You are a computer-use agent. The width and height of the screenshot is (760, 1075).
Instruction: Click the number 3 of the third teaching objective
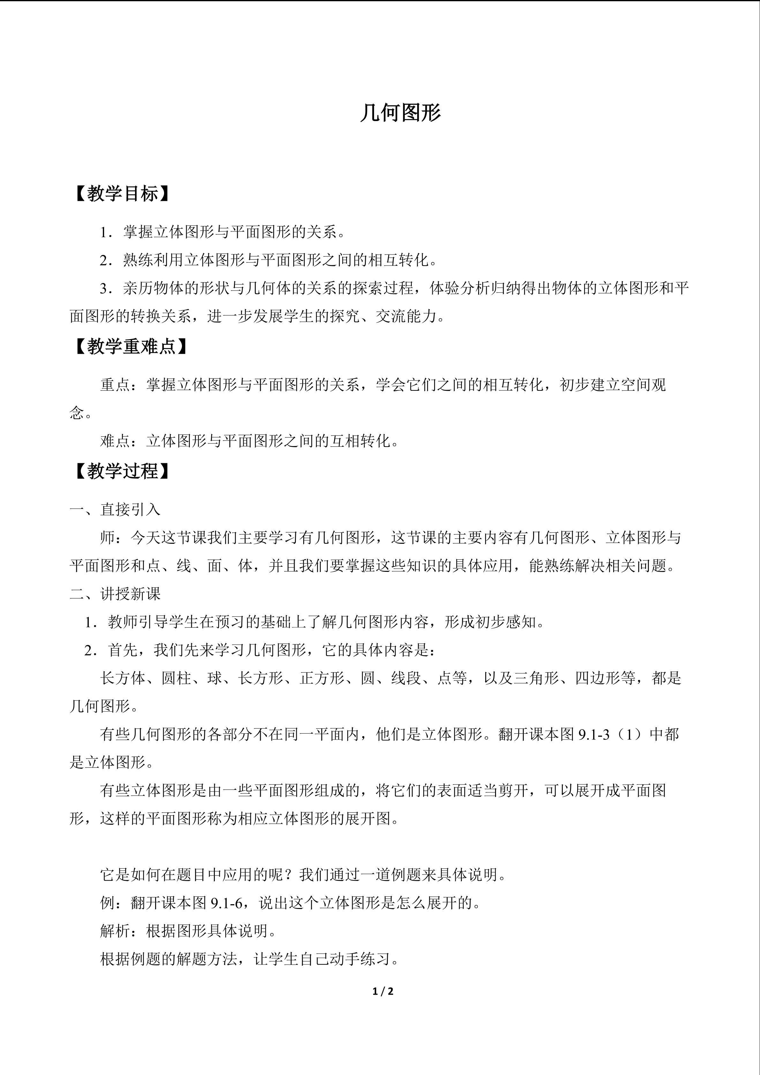(105, 288)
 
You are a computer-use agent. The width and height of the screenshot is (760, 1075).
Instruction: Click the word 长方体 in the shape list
(123, 678)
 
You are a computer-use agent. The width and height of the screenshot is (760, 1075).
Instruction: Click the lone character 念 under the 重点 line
(77, 413)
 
